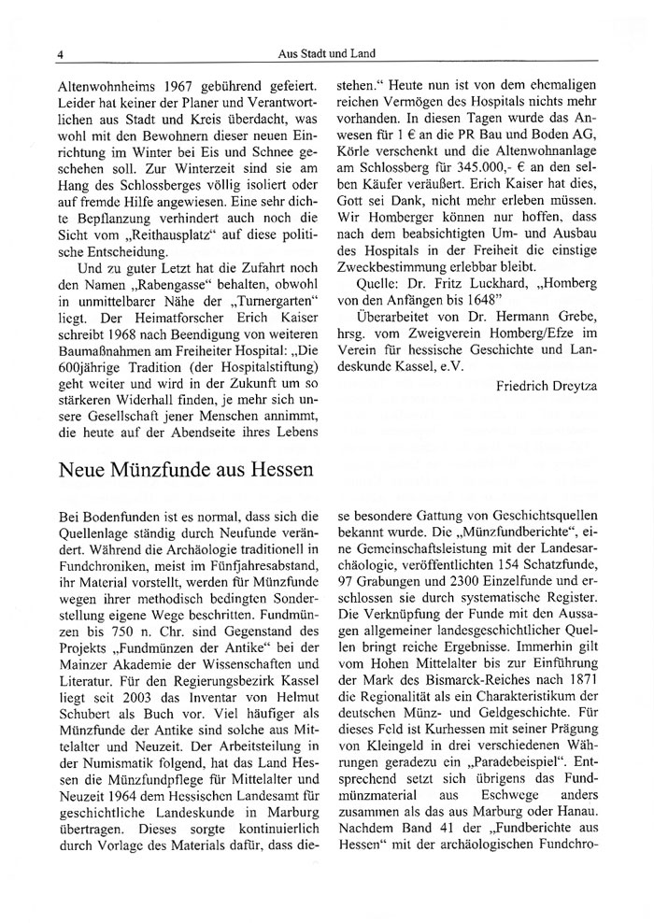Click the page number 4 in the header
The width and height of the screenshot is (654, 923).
(59, 54)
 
